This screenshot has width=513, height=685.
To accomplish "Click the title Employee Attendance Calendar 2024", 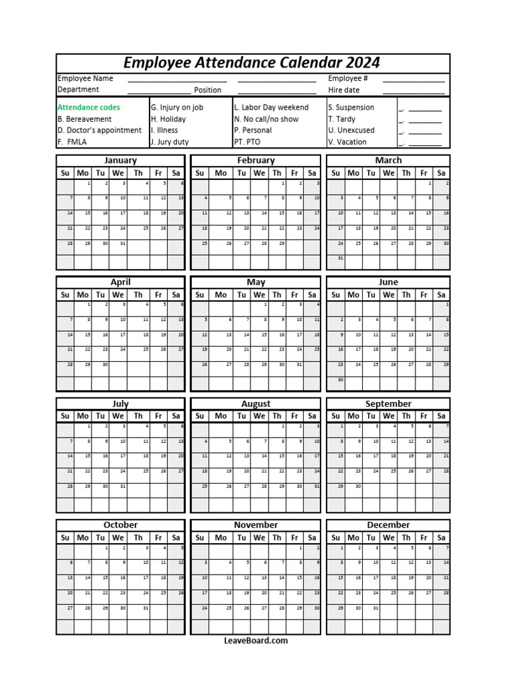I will tap(252, 63).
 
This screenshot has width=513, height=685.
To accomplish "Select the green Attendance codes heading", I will tap(89, 107).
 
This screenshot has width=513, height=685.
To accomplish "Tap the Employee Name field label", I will tap(85, 78).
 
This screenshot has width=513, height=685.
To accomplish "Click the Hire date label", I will tap(343, 90).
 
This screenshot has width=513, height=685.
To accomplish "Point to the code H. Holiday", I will tap(168, 119).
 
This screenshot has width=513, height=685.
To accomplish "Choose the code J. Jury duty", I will tap(170, 142).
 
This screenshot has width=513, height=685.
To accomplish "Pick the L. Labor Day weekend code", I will tap(271, 107).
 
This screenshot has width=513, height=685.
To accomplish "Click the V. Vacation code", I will tap(347, 142).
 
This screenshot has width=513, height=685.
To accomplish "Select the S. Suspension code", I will tap(351, 107).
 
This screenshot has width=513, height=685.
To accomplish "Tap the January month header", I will tap(120, 161).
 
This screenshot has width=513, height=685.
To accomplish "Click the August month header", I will tap(256, 404).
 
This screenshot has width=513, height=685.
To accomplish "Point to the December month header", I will tap(388, 525).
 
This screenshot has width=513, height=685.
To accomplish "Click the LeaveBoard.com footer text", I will tap(256, 641).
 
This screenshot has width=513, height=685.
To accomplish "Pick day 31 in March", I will tap(339, 258).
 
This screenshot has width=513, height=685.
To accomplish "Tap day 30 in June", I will tap(339, 380).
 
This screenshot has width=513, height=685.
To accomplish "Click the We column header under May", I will tap(259, 294).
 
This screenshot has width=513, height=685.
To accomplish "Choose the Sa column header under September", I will tap(441, 416).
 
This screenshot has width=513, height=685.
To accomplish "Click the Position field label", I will tap(208, 90).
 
